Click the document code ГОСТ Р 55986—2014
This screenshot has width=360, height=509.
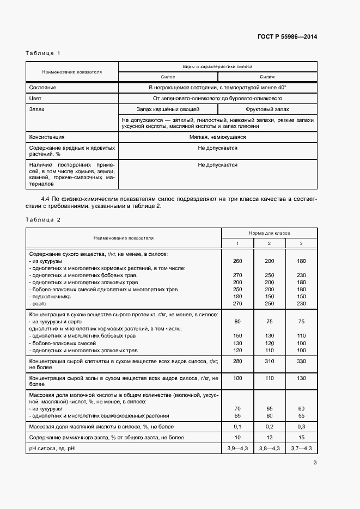point(287,37)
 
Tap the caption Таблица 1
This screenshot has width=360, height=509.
point(43,53)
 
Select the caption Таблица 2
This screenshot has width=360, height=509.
point(43,219)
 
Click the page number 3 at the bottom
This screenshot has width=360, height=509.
point(315,463)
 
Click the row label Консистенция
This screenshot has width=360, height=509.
point(47,137)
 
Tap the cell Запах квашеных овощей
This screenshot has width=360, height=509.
point(168,109)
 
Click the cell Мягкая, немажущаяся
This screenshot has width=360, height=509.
point(217,137)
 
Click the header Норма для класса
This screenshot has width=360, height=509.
point(269,232)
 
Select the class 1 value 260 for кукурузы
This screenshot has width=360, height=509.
point(237,261)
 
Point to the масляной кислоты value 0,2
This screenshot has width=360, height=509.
point(269,427)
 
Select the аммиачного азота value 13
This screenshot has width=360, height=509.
point(269,437)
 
